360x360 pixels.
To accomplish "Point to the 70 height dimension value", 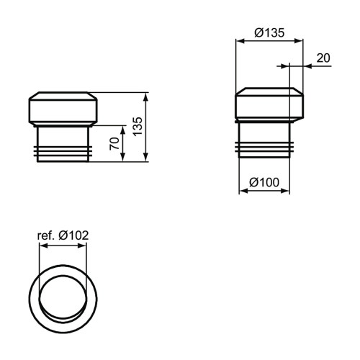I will [x=114, y=142].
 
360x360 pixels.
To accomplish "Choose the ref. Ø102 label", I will [x=63, y=234].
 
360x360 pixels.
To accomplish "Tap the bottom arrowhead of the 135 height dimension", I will [x=147, y=159].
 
